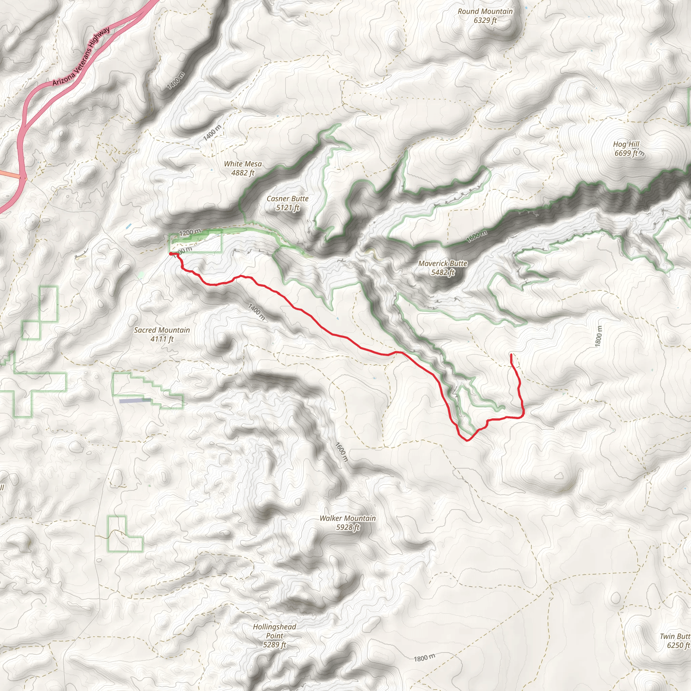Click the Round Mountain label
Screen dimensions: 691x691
[485, 11]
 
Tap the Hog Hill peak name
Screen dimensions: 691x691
[626, 144]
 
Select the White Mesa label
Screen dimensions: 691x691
[243, 164]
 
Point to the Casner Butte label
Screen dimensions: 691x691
[287, 198]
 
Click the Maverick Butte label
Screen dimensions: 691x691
[443, 263]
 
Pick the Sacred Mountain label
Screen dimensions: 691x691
[162, 330]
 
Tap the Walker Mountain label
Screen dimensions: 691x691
[348, 518]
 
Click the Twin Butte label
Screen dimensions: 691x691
[675, 636]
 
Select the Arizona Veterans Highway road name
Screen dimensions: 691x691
[81, 56]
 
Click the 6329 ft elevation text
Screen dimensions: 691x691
[485, 20]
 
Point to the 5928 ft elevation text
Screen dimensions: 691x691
[348, 527]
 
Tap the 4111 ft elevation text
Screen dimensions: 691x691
[162, 339]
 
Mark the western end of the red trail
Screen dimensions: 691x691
[171, 254]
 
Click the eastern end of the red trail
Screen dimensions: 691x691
[511, 355]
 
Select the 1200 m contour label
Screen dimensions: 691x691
[190, 232]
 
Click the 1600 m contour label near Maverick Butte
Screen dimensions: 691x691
[476, 237]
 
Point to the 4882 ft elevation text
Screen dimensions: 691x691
[243, 173]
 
